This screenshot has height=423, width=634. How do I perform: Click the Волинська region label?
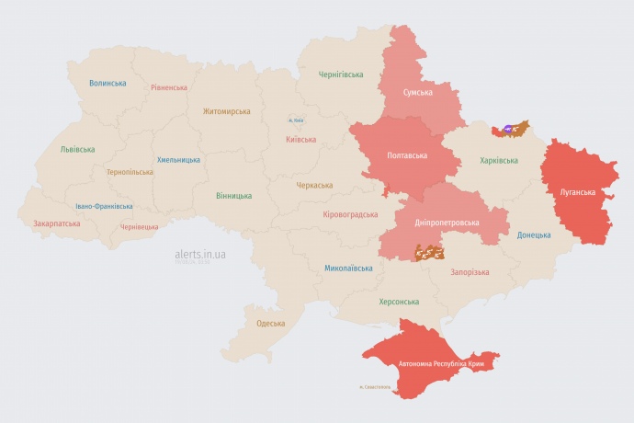pos(108,83)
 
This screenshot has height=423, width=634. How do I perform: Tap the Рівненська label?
pos(170,87)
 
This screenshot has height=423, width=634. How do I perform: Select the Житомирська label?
pos(226,111)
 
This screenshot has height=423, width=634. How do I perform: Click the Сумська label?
pos(418,93)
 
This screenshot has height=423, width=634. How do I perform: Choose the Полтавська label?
pos(405,154)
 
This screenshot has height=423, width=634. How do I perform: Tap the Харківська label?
pos(499,160)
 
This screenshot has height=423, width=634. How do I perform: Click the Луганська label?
pos(578,192)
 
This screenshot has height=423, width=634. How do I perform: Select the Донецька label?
pos(534,234)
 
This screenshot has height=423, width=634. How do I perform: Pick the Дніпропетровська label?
pos(447,223)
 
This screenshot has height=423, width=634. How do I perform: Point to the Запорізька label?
pos(470,272)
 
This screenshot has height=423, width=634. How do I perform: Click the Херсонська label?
pos(399,302)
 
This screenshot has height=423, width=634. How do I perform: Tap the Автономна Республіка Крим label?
pos(441,364)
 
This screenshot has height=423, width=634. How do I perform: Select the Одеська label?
pos(270,324)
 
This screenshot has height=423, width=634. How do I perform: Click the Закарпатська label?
pos(57,223)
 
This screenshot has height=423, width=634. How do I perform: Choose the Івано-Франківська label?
pos(104,207)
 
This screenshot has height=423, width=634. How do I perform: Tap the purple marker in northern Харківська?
pos(510,130)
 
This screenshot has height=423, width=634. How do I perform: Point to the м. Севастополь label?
pos(375,387)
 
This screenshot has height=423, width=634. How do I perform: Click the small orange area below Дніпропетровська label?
pos(429,251)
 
